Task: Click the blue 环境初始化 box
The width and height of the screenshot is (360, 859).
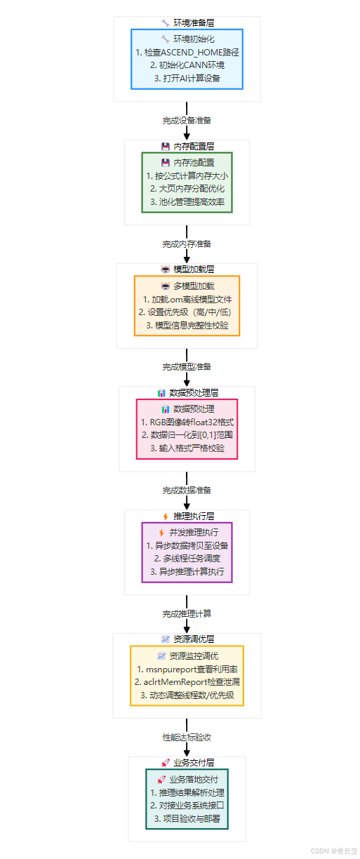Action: [187, 59]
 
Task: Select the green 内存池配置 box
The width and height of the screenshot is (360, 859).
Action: [187, 182]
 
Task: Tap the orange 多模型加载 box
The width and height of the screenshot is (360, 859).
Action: [187, 305]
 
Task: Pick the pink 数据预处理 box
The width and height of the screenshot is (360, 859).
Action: [187, 429]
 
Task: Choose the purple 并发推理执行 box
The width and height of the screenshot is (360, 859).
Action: [187, 552]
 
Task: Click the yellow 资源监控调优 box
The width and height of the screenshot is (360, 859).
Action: [187, 676]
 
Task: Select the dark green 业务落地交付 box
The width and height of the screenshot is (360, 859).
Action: [187, 799]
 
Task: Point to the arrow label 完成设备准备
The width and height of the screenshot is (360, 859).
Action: [187, 120]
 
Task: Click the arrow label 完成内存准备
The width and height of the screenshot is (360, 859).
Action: [187, 244]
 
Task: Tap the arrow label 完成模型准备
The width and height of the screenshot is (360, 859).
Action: [187, 366]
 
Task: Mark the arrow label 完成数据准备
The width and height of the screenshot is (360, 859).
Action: [187, 490]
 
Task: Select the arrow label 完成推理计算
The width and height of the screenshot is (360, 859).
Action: [187, 613]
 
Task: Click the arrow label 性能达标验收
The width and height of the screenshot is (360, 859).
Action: [187, 737]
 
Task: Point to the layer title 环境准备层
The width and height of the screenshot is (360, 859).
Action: [187, 22]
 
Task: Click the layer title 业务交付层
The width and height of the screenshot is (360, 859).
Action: [187, 762]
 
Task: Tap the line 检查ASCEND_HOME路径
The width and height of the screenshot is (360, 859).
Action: [187, 53]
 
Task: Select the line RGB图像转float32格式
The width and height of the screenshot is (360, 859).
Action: [187, 422]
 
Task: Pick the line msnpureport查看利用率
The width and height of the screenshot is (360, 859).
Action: [187, 670]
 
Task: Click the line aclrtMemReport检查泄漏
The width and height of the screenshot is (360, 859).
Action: [187, 682]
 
